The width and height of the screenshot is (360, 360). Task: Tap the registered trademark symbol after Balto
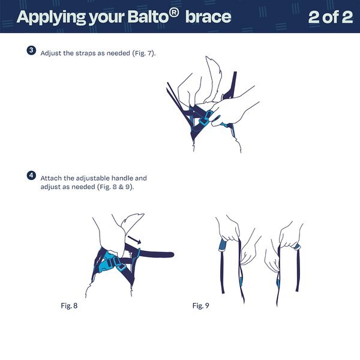pyautogui.click(x=174, y=13)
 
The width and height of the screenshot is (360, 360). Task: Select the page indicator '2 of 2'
pyautogui.click(x=331, y=17)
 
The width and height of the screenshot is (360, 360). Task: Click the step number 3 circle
pyautogui.click(x=31, y=50)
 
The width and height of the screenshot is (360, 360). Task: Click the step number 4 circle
pyautogui.click(x=31, y=176)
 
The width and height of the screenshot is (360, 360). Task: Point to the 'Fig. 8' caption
pyautogui.click(x=69, y=305)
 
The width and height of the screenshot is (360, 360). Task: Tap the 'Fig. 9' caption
pyautogui.click(x=201, y=305)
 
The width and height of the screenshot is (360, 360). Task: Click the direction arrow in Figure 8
pyautogui.click(x=134, y=240)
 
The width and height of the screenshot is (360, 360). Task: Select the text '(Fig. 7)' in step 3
pyautogui.click(x=144, y=53)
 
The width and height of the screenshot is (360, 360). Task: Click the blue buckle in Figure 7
pyautogui.click(x=205, y=118)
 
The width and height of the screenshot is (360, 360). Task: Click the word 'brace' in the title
pyautogui.click(x=208, y=17)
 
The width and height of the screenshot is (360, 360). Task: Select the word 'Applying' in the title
pyautogui.click(x=51, y=17)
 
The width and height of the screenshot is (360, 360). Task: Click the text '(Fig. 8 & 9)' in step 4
pyautogui.click(x=115, y=187)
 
